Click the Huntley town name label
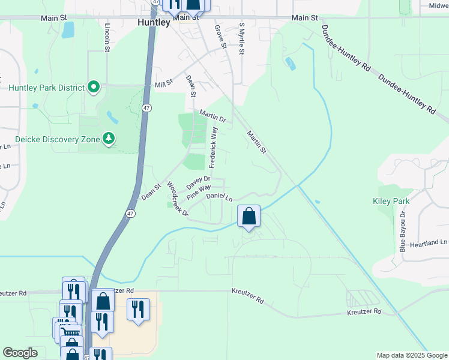tap(153, 23)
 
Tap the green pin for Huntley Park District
tap(94, 88)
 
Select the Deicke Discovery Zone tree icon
tap(109, 139)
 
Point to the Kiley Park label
tap(391, 202)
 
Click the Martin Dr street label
tap(213, 116)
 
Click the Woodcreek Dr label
tap(178, 199)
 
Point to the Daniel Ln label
tap(219, 197)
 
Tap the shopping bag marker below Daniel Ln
tap(249, 216)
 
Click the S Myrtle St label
tap(241, 39)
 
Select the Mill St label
tap(164, 83)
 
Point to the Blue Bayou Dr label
tap(403, 230)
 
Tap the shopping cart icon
tap(71, 332)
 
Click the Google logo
tap(20, 353)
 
